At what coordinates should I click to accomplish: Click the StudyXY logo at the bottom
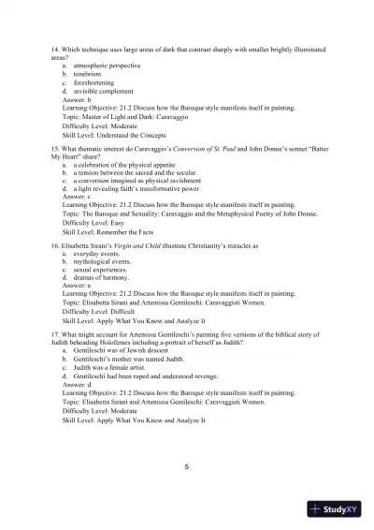click(x=338, y=509)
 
